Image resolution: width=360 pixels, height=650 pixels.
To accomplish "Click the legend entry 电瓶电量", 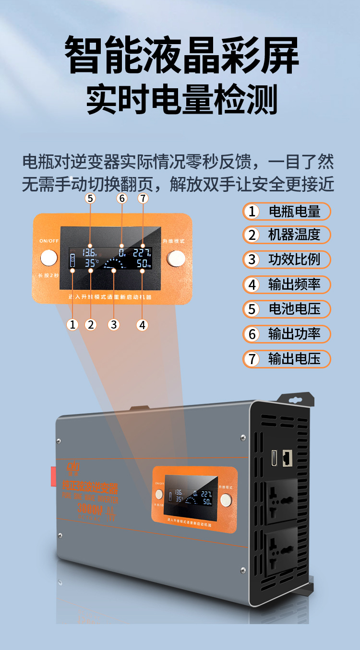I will [287, 211].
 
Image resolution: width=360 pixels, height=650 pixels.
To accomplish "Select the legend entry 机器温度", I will [287, 235].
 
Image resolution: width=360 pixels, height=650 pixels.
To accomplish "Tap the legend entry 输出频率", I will [287, 284].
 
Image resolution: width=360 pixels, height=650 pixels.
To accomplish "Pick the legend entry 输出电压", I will [287, 358].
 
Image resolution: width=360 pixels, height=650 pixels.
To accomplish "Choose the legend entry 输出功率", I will [287, 334].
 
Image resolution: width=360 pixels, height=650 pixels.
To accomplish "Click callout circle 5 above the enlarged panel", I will [90, 198].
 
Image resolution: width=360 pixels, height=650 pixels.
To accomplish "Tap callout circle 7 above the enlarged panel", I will [143, 198].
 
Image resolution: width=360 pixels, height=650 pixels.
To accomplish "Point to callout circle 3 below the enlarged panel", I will [113, 325].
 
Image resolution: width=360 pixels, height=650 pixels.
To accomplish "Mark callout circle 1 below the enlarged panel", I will [72, 325].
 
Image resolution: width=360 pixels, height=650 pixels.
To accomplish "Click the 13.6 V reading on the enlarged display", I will [90, 252].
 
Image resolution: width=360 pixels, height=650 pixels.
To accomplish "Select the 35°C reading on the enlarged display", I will [91, 263].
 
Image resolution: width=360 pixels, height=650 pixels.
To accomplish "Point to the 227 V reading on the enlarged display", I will [142, 252].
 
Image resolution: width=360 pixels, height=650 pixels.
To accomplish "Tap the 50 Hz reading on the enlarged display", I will [144, 263].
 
